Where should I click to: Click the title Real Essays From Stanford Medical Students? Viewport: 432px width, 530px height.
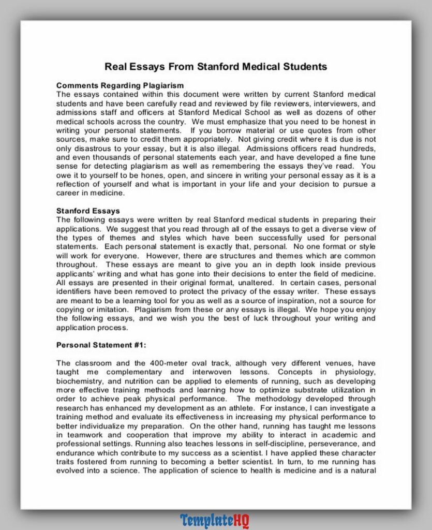pos(216,67)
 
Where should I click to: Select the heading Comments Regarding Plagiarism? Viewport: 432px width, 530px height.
pos(120,85)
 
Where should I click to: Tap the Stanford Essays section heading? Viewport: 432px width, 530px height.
pos(88,211)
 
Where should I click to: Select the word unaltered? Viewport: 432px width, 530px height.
pos(250,282)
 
